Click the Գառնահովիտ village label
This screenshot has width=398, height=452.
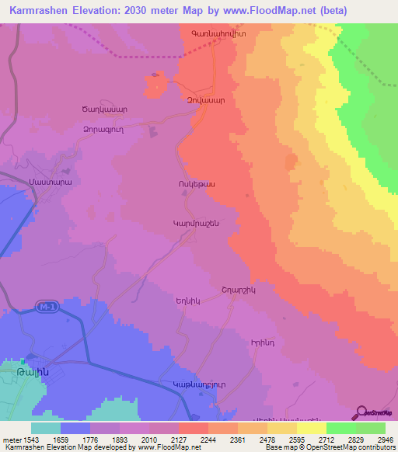[x=214, y=36]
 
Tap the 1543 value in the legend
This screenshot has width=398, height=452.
[x=32, y=440]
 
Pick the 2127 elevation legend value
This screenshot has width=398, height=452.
[x=179, y=440]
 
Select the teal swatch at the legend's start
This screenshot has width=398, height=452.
[x=46, y=428]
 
